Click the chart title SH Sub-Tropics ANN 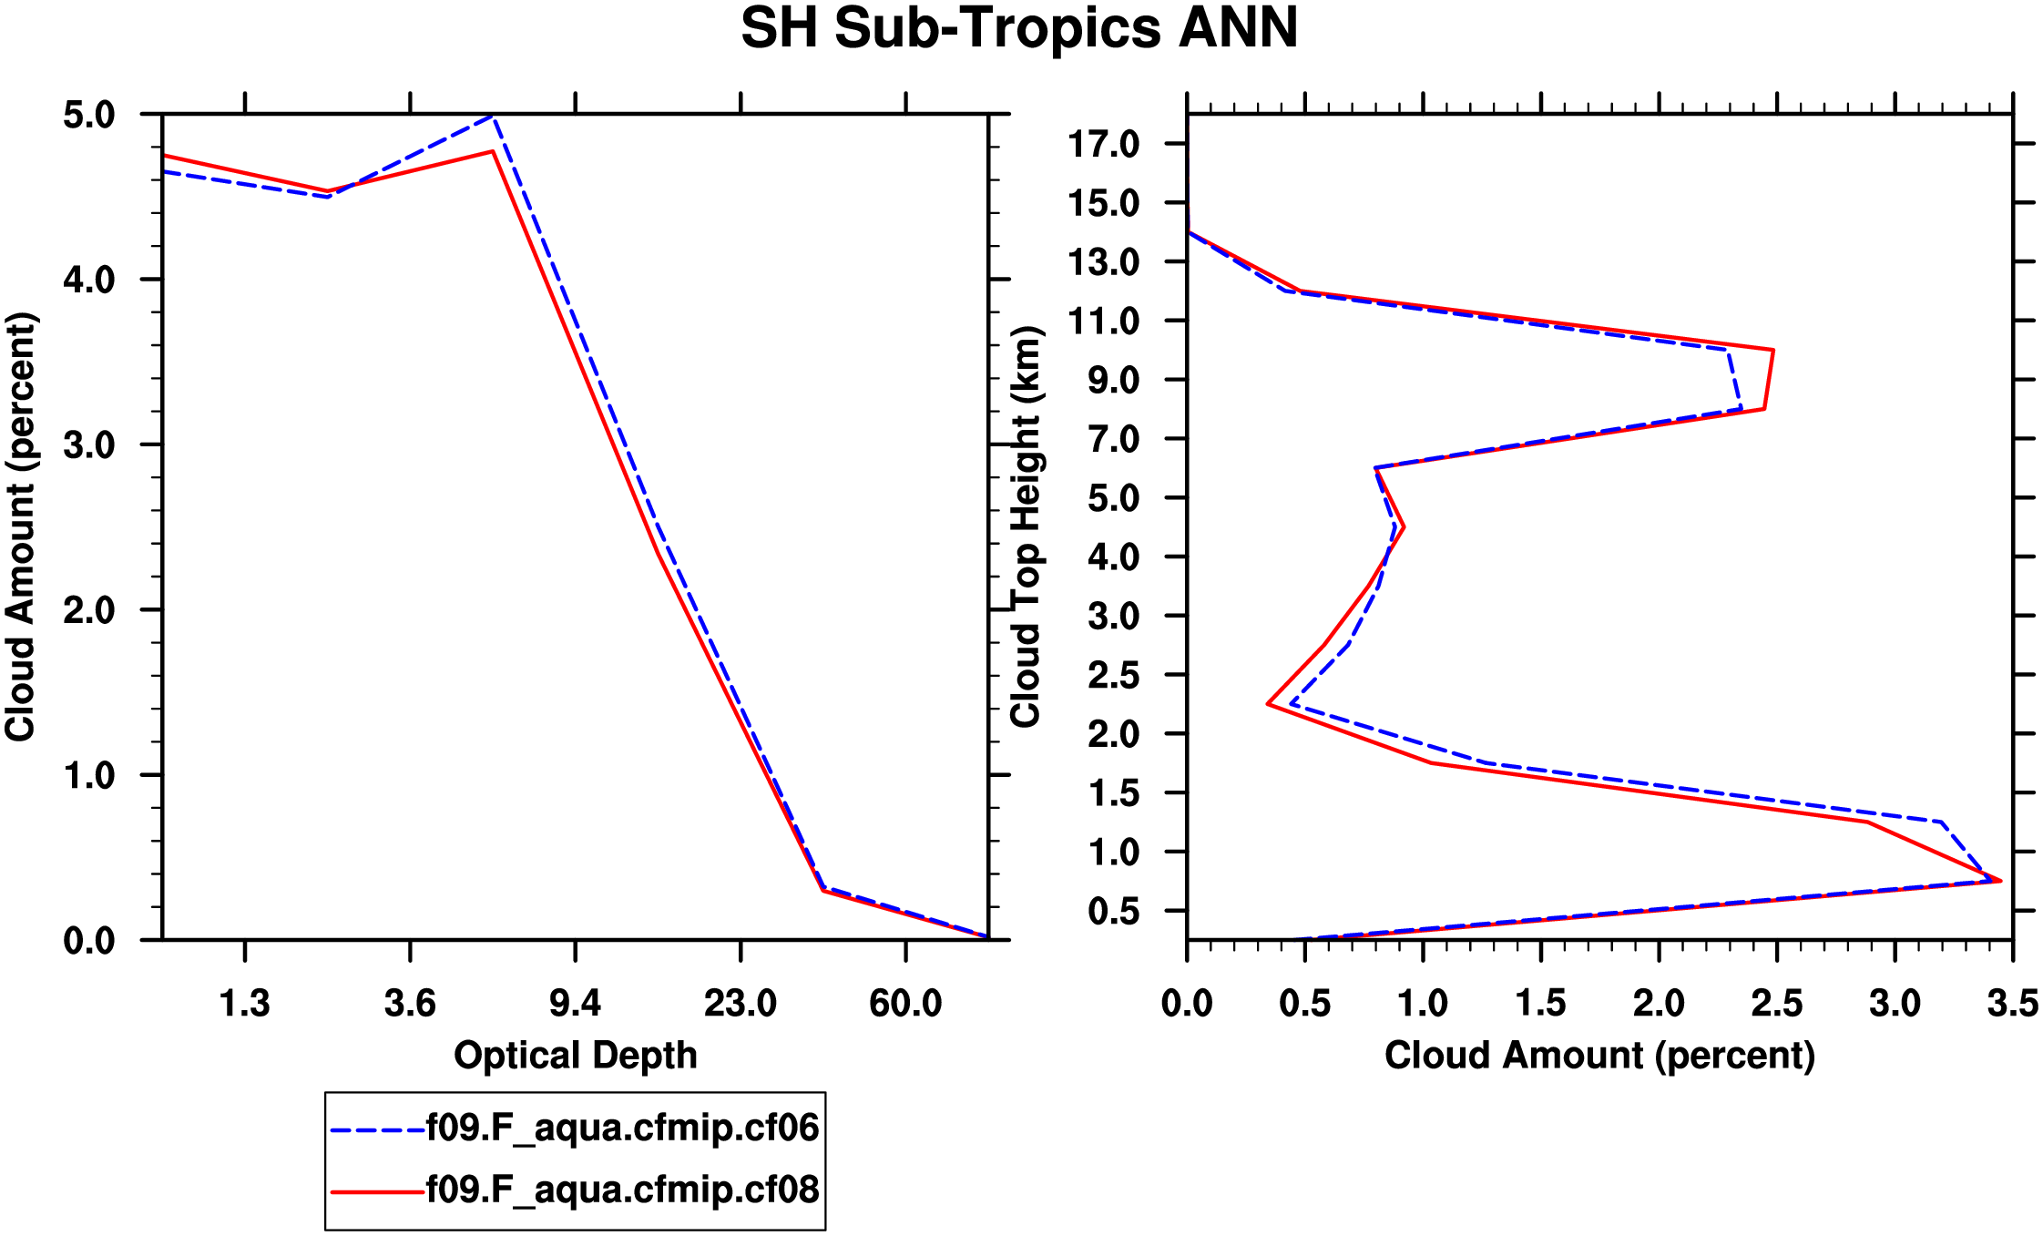1019,29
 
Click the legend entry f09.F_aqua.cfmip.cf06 623,1129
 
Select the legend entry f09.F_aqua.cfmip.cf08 623,1190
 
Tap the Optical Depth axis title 576,1056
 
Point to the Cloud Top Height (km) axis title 1027,526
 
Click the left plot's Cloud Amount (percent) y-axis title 20,526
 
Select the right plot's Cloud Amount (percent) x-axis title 1599,1056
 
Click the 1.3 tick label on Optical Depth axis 245,1004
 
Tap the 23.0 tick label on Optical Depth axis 741,1004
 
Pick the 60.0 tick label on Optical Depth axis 905,1004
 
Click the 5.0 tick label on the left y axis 89,116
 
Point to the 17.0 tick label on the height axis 1104,144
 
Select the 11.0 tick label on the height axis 1104,322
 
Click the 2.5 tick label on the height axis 1113,676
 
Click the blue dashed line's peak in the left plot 492,117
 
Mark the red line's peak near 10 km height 1772,350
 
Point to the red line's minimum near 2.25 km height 1268,704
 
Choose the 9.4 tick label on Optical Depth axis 576,1004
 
